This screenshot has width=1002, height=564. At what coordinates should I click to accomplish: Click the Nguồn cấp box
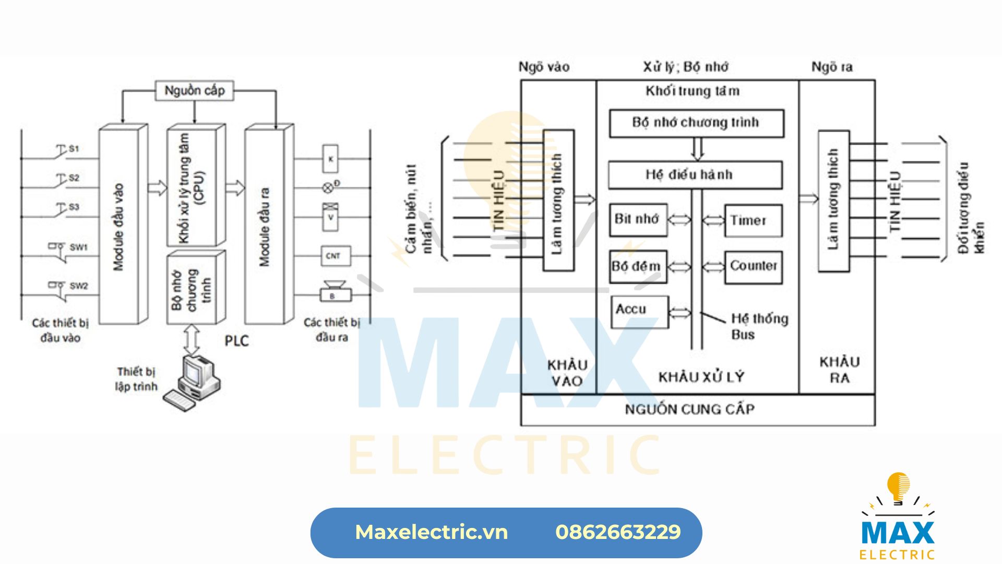(194, 91)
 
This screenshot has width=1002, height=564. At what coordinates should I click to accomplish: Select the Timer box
(753, 220)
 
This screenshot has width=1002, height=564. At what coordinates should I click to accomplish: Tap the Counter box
(753, 266)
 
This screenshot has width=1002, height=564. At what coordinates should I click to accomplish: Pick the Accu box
(639, 311)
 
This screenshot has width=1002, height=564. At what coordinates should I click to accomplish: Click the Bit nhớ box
(638, 219)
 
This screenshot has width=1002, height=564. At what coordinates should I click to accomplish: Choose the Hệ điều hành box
(695, 174)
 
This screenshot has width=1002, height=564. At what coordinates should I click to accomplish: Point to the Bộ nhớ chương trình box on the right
(696, 123)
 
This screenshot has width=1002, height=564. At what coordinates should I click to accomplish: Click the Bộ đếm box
(638, 266)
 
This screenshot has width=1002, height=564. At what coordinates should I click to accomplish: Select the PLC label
(236, 341)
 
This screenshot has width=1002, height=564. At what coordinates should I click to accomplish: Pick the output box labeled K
(330, 158)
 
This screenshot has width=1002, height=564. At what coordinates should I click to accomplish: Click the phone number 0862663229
(618, 532)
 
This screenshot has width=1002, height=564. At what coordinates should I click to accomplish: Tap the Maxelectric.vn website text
(431, 532)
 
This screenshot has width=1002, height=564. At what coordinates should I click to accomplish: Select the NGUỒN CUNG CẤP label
(689, 409)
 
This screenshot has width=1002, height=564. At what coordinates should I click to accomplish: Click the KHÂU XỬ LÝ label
(701, 377)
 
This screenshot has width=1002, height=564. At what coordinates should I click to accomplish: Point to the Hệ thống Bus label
(759, 326)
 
